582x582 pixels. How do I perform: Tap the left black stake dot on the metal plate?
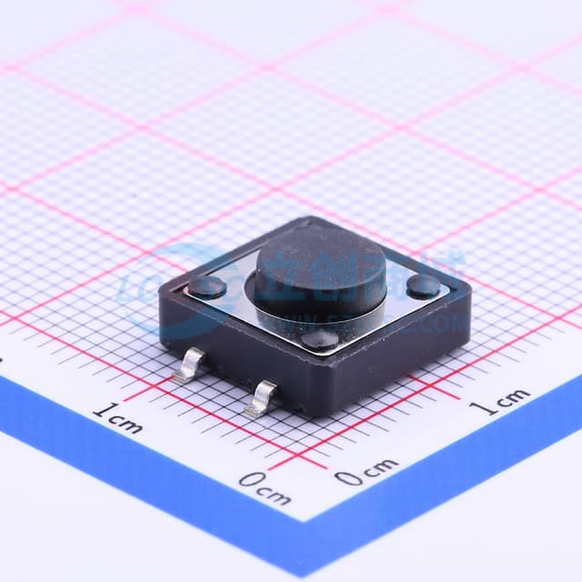click(x=208, y=289)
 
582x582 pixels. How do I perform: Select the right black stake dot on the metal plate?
click(x=423, y=287)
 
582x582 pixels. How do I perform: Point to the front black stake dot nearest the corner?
click(x=318, y=340)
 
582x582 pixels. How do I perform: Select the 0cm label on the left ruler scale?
click(x=265, y=488)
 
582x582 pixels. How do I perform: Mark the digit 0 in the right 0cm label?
click(x=346, y=477)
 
